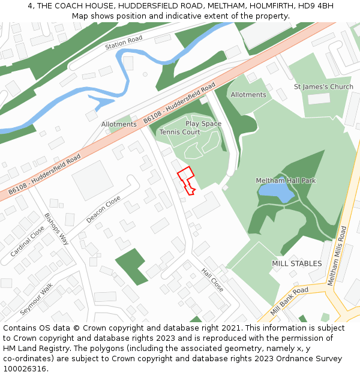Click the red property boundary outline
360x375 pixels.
coord(187,180)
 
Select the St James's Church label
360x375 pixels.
coord(323,86)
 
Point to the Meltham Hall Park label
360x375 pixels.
coord(286,180)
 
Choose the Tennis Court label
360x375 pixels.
coord(179,132)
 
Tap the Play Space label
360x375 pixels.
coord(203,124)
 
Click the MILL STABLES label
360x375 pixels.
coord(296,263)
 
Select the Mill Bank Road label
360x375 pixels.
coord(289,301)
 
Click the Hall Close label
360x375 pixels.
coord(212,280)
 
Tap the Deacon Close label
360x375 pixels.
coord(103,209)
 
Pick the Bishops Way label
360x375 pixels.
coord(56,229)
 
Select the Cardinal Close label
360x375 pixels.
coord(27,241)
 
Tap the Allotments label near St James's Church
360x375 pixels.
coord(248,95)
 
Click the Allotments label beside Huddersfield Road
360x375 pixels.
coord(119,124)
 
